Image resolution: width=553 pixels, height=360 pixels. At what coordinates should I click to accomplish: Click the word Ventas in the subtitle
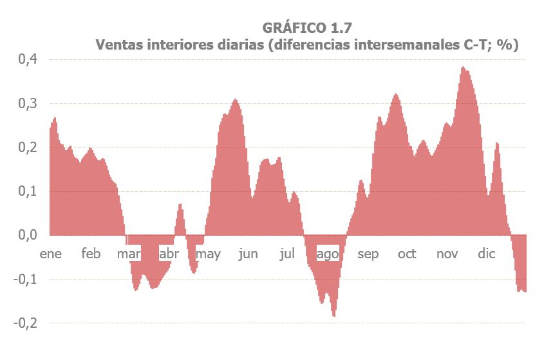click(118, 45)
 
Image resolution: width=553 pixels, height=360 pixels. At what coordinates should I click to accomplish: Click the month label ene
click(51, 254)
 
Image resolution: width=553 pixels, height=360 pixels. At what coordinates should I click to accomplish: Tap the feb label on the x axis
click(91, 254)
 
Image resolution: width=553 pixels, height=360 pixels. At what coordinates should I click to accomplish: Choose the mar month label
click(129, 254)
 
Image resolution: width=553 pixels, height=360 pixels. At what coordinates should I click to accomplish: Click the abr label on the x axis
click(169, 254)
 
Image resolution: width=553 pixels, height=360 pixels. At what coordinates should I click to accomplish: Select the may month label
click(208, 254)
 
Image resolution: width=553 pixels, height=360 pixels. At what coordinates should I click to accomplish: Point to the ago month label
click(328, 254)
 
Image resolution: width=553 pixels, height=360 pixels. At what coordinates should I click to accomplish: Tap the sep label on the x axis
click(368, 254)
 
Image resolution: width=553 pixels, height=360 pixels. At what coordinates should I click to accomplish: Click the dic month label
click(486, 254)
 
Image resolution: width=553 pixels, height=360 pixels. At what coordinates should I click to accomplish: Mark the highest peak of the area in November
click(462, 67)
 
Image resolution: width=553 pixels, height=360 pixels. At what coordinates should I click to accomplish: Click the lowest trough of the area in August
click(333, 316)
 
